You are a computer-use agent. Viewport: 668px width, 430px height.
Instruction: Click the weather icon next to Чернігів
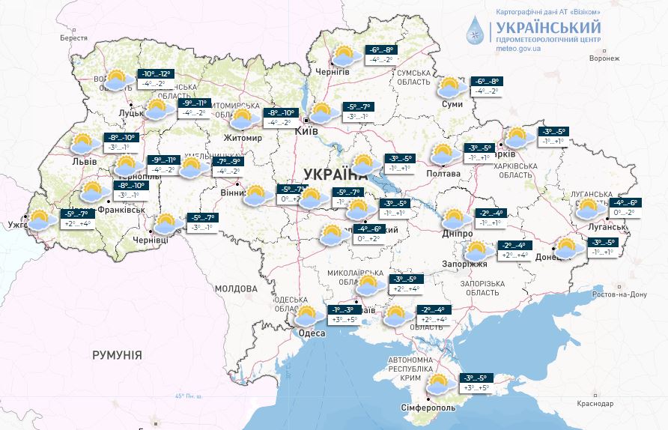pos(343,56)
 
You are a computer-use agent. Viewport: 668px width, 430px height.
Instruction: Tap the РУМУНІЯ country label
pos(118,355)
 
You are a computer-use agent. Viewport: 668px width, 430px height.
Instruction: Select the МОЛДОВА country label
pos(236,288)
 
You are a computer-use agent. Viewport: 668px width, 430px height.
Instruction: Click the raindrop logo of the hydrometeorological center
pos(474,29)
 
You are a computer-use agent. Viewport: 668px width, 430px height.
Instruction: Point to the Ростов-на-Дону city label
pos(618,294)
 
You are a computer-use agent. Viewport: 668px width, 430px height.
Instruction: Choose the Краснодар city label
pos(595,404)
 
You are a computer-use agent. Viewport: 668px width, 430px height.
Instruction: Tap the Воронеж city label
pos(605,58)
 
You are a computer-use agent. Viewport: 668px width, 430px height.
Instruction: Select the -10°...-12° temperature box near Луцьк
pos(155,79)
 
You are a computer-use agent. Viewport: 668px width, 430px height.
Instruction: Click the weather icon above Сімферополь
pos(438,384)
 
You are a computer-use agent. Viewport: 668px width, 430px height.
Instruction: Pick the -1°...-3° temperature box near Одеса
pos(345,315)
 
